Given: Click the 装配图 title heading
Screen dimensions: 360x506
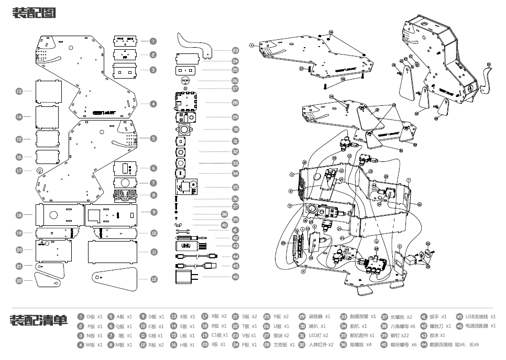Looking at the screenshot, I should pyautogui.click(x=34, y=13).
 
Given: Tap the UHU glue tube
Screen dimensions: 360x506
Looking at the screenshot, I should pyautogui.click(x=185, y=245).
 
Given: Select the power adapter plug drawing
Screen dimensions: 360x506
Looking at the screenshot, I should pyautogui.click(x=185, y=277).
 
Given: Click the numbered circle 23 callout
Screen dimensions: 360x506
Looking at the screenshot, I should pyautogui.click(x=235, y=51).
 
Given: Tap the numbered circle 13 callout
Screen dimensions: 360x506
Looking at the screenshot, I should pyautogui.click(x=19, y=91).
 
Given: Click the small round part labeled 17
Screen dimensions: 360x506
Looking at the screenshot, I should pyautogui.click(x=39, y=171).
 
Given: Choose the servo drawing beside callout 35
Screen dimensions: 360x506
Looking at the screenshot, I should pyautogui.click(x=185, y=187).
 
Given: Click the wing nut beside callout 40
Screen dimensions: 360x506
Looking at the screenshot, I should pyautogui.click(x=178, y=225).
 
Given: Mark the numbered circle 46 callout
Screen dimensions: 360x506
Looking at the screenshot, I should pyautogui.click(x=235, y=276).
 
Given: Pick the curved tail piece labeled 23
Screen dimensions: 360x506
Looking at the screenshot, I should pyautogui.click(x=194, y=44).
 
